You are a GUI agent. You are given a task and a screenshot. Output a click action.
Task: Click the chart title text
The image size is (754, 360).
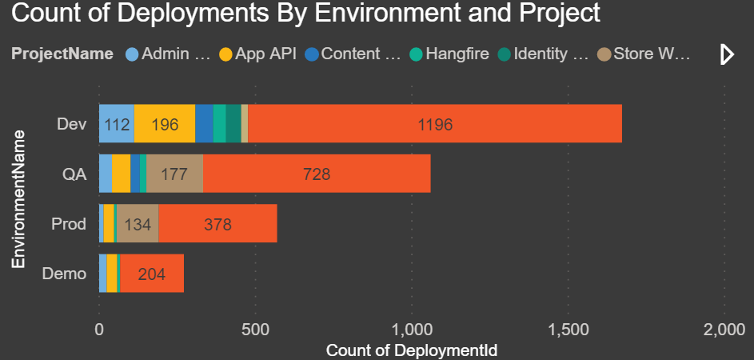(305, 14)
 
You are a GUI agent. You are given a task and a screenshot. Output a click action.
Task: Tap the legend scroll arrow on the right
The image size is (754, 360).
(727, 54)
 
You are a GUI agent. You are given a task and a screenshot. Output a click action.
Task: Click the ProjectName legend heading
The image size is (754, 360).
(62, 54)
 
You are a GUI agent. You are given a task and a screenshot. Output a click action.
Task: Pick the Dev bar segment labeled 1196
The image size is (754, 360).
(435, 124)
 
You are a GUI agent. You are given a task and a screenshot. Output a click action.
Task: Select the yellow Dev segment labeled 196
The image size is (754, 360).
(165, 124)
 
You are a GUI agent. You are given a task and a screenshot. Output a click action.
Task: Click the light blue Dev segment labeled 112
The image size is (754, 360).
(117, 124)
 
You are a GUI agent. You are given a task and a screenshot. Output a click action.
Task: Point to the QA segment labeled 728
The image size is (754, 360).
(317, 174)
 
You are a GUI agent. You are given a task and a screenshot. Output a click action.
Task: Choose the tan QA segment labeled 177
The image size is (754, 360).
(174, 174)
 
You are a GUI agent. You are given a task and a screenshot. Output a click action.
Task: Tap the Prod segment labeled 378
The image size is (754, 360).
(217, 224)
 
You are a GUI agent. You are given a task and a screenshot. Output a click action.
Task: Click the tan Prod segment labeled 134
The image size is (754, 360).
(138, 224)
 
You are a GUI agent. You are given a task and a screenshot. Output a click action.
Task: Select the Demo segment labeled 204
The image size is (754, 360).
(152, 274)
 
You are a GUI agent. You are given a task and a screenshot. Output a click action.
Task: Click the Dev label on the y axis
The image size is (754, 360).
(72, 124)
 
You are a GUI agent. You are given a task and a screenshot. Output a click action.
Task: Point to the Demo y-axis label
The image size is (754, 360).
(65, 274)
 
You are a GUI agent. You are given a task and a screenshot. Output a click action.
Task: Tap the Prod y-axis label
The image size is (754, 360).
(68, 224)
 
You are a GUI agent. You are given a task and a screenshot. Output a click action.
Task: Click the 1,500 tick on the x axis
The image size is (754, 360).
(568, 329)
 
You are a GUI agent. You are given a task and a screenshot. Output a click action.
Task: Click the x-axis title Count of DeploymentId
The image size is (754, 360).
(412, 350)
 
